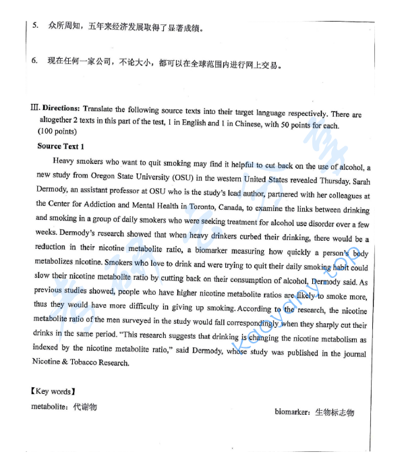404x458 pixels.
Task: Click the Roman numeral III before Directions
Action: (x=36, y=108)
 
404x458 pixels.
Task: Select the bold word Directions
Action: (x=61, y=108)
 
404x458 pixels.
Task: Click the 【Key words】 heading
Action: (x=53, y=391)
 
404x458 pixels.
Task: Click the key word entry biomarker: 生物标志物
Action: (x=314, y=412)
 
